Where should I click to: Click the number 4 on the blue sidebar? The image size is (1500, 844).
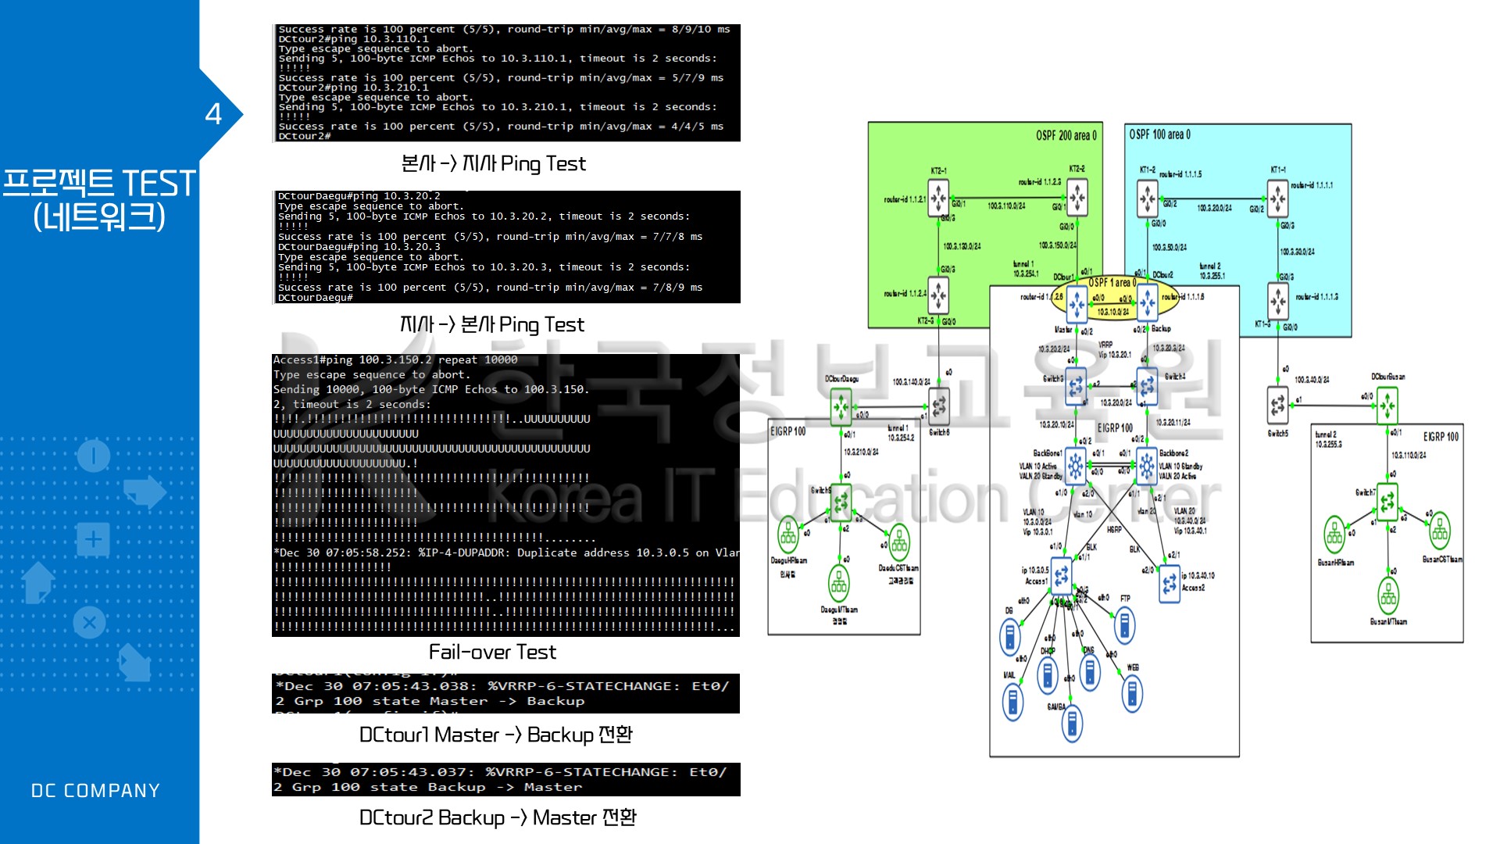[213, 114]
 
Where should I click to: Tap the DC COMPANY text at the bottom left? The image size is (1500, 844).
[95, 791]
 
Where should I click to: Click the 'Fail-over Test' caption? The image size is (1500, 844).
[492, 652]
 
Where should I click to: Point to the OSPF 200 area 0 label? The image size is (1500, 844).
[1066, 135]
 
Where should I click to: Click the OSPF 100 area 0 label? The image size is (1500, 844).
[1159, 134]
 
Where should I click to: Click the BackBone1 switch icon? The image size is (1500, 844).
[1076, 467]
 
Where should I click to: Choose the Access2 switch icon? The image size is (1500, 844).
[1170, 583]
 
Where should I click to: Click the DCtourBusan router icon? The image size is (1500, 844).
[1387, 405]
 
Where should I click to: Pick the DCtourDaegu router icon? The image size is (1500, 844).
[841, 406]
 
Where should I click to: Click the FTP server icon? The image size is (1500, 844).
[1124, 624]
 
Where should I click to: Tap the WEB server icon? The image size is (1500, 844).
[1131, 693]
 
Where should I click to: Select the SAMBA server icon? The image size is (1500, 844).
[1072, 724]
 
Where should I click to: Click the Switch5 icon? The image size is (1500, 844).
[1277, 405]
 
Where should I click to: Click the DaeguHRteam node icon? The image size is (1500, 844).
[788, 535]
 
